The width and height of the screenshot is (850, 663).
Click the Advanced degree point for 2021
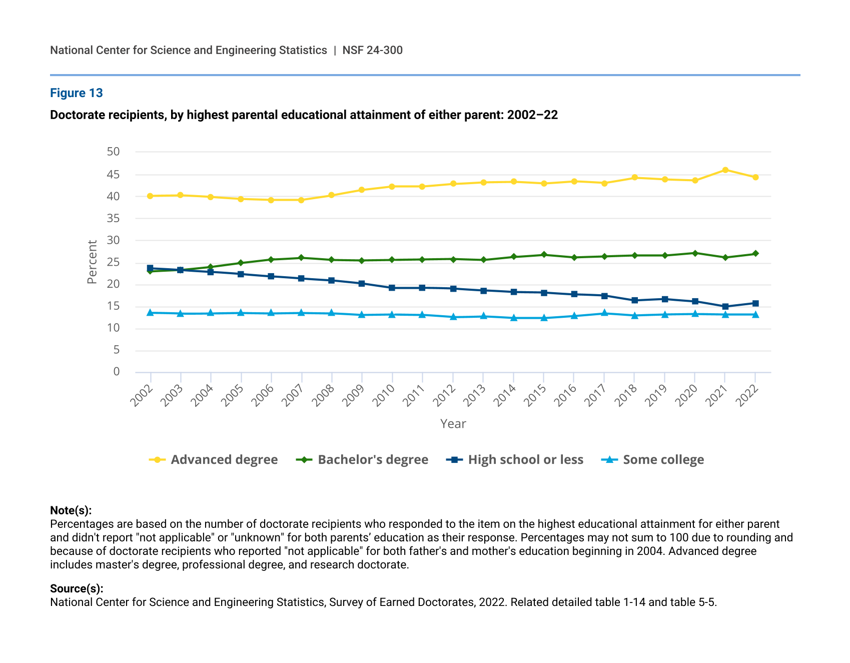click(x=725, y=170)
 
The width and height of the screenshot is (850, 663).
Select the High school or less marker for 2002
click(x=150, y=268)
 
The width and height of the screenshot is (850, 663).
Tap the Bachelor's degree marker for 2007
click(x=301, y=258)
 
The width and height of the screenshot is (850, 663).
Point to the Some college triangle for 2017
click(x=604, y=313)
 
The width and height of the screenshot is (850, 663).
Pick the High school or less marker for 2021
click(x=725, y=306)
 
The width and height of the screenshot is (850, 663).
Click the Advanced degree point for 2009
click(x=362, y=190)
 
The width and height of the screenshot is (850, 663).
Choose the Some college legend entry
click(x=652, y=460)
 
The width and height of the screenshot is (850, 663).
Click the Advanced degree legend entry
click(x=214, y=460)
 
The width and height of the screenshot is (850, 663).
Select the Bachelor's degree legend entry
click(x=362, y=460)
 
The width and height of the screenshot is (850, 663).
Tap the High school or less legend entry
click(x=515, y=460)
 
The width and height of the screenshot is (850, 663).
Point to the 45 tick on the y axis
click(x=113, y=175)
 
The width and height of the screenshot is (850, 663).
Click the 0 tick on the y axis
click(x=117, y=371)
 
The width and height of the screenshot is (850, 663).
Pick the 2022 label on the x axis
click(x=747, y=395)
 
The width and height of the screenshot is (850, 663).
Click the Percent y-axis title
click(x=92, y=262)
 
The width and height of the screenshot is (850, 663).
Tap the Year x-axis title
click(x=453, y=424)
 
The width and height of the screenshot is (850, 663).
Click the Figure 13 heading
click(x=77, y=93)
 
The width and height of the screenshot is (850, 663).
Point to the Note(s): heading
click(x=71, y=510)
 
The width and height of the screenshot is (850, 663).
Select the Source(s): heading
click(x=77, y=588)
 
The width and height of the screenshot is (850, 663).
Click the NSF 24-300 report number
click(x=372, y=50)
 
